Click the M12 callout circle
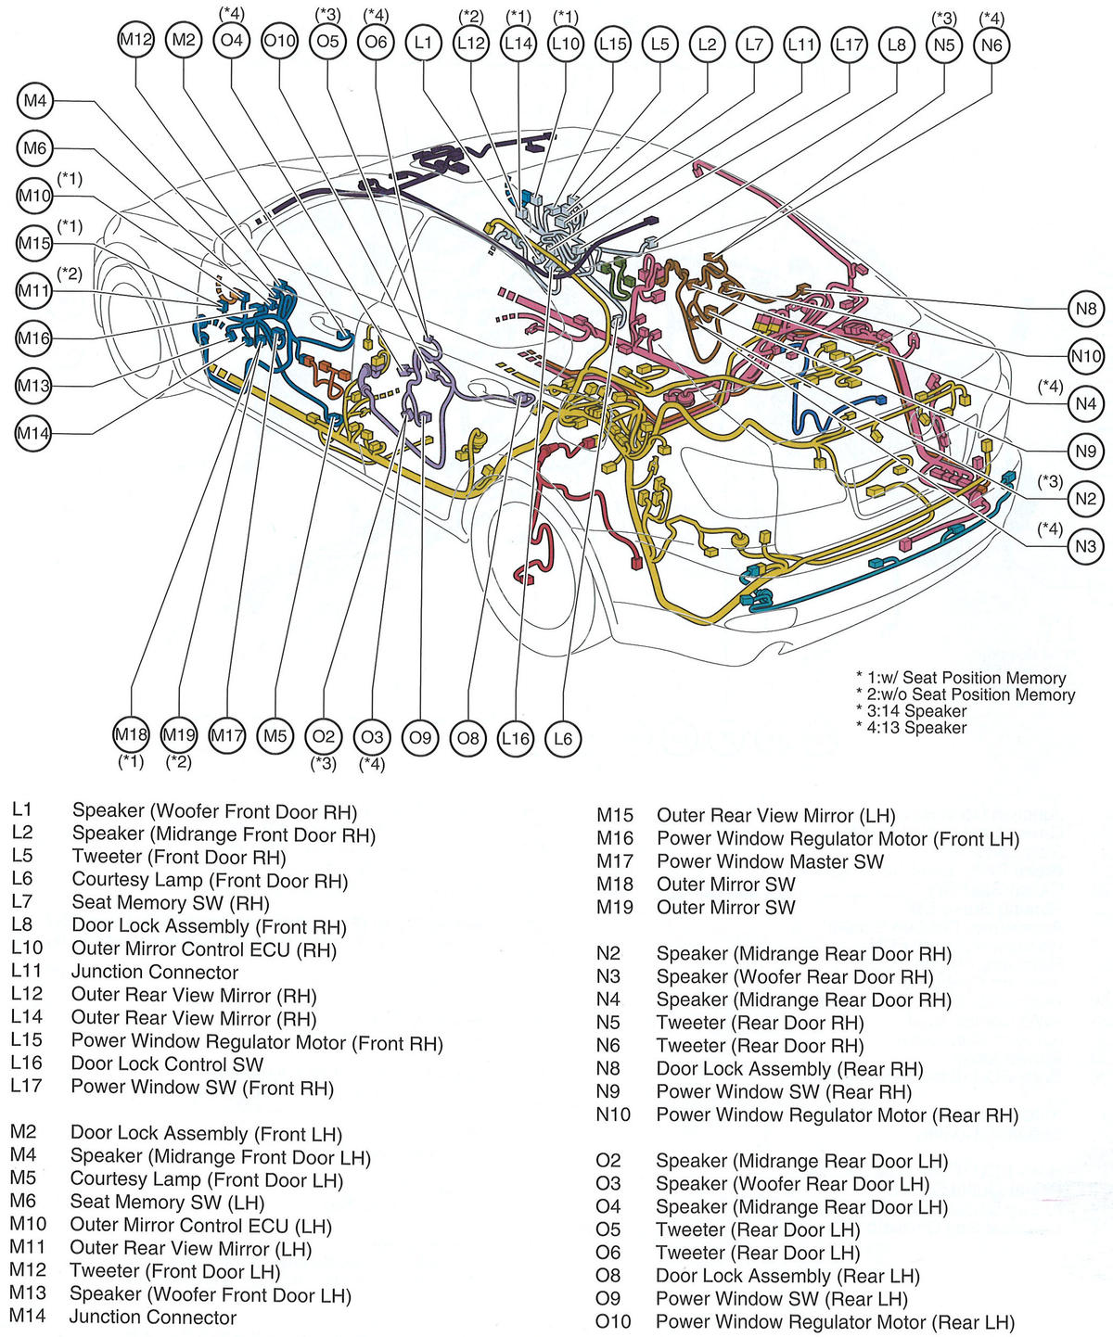[136, 40]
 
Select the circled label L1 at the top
[423, 42]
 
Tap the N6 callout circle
[991, 45]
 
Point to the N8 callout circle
[1086, 309]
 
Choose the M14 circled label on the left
[34, 433]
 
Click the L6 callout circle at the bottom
[563, 738]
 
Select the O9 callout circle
[420, 737]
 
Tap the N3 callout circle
[1086, 546]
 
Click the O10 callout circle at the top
[279, 41]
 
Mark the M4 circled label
[34, 101]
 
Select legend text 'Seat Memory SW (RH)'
[171, 903]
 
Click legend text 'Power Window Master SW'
[770, 861]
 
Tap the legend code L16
[27, 1064]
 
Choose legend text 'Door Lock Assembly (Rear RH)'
[789, 1069]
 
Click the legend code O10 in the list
[613, 1321]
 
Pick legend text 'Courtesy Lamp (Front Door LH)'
[207, 1180]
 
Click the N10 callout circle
[1086, 356]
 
